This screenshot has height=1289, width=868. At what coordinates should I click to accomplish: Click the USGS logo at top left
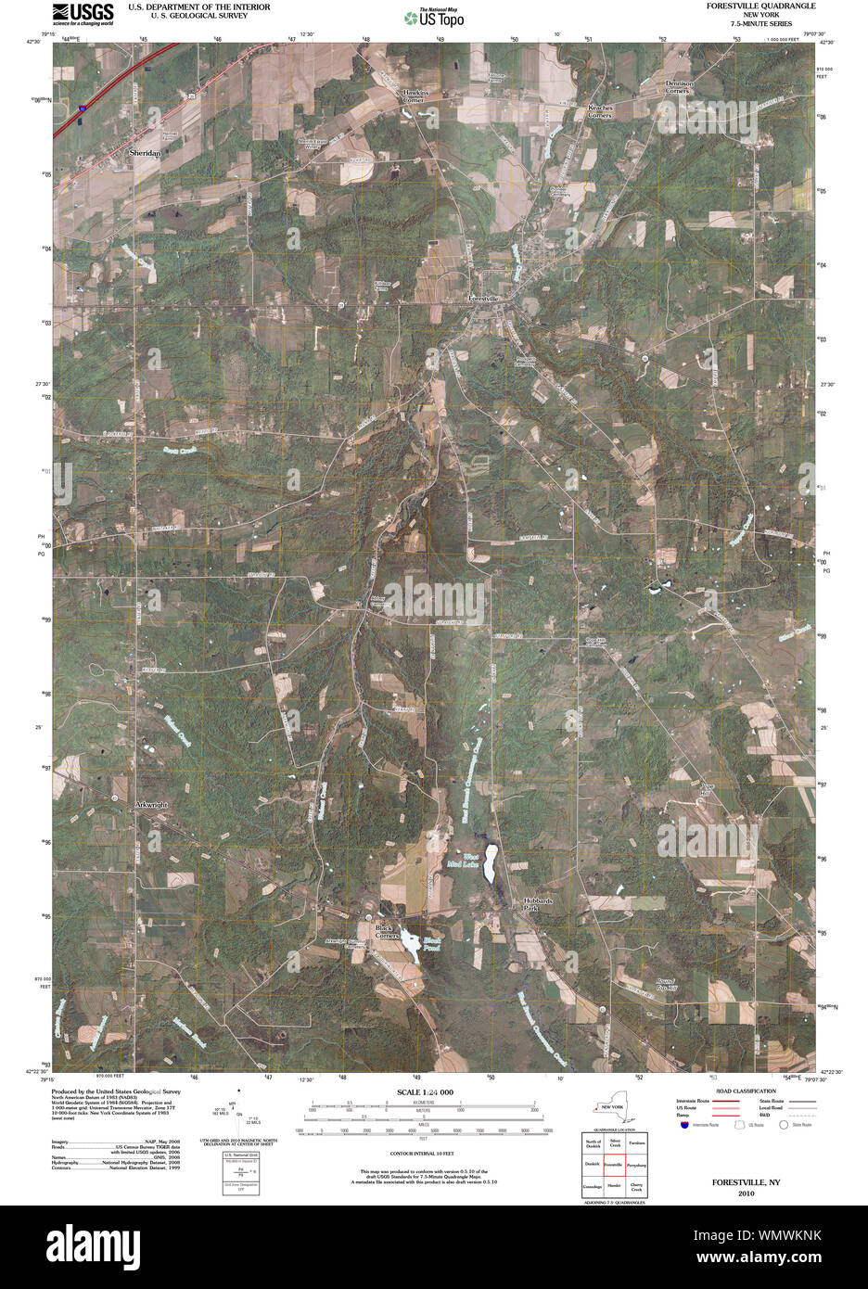(83, 13)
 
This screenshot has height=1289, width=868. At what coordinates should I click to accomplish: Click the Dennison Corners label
(678, 86)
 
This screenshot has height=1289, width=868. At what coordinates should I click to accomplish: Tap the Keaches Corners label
(601, 111)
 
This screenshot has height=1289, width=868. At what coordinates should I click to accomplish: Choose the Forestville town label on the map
(483, 299)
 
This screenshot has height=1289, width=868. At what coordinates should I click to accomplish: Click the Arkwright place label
(150, 805)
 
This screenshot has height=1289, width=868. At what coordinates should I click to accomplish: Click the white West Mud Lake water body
(490, 863)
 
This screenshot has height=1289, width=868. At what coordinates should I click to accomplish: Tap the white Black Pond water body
(409, 947)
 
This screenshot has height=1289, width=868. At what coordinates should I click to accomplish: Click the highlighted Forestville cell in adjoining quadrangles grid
(613, 1163)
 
